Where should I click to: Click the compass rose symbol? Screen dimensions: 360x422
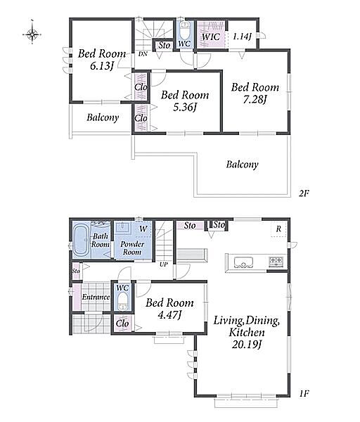click(32, 34)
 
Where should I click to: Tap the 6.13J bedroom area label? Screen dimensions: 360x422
click(102, 66)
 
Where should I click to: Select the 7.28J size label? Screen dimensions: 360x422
click(255, 100)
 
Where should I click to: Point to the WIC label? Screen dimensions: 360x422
click(211, 37)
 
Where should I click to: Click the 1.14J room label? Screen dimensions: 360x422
click(242, 37)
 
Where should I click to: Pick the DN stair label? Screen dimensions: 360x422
click(143, 54)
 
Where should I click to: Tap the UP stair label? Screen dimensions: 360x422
click(164, 264)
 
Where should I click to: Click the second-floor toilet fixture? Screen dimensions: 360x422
click(185, 32)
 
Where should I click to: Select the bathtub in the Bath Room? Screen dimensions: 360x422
click(81, 241)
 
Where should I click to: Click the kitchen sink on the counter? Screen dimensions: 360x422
click(243, 262)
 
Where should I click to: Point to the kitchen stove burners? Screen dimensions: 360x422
click(276, 261)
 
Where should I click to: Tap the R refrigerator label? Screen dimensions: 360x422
click(278, 229)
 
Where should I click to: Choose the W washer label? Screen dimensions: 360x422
click(143, 229)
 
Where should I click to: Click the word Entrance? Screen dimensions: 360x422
click(96, 297)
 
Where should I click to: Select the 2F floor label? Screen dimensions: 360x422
click(304, 193)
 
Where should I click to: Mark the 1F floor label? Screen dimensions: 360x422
click(304, 394)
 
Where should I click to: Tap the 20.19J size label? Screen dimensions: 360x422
click(247, 345)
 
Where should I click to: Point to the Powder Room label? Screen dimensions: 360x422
click(132, 248)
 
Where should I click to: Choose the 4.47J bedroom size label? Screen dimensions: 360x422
click(169, 315)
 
